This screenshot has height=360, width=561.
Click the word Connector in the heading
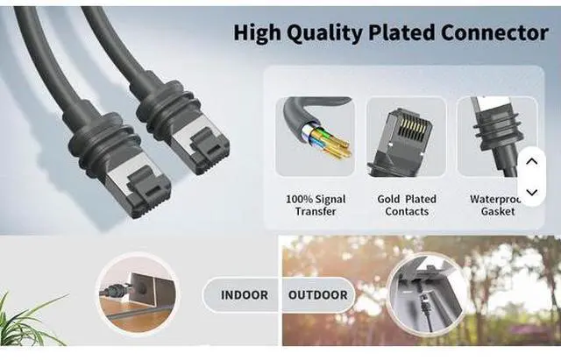[x=496, y=33]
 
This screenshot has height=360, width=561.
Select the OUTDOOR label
[x=317, y=295]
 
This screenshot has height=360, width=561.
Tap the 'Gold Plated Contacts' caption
[x=407, y=205]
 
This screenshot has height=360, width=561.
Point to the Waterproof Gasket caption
[x=496, y=205]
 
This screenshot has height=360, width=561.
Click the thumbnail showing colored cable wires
[x=316, y=136]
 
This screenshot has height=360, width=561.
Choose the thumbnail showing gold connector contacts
[x=407, y=136]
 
